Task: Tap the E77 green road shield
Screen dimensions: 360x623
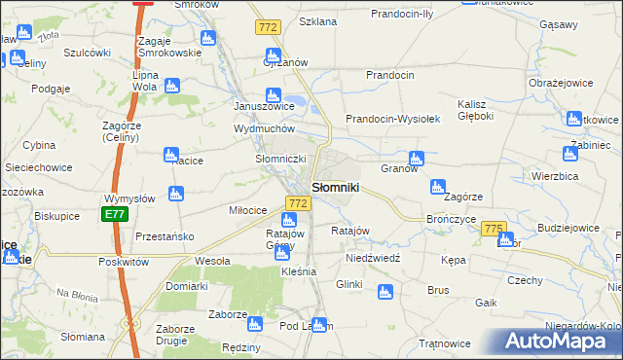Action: pos(115,213)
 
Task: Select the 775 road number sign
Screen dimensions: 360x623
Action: pos(494,228)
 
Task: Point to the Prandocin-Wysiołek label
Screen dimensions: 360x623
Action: pos(393,119)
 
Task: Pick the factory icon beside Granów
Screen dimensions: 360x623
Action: pos(417,158)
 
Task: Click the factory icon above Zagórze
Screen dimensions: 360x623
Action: pos(438,185)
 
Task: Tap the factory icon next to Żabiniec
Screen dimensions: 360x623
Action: pos(569,153)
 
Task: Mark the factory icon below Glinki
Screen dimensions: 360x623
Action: pos(385,291)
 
